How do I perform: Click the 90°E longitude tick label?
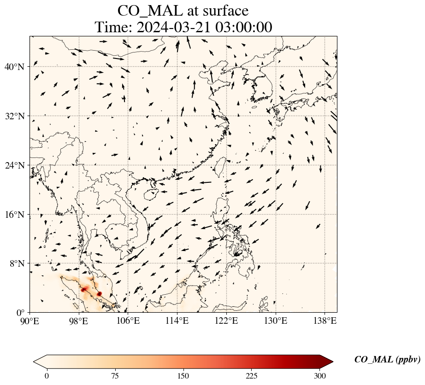point(30,321)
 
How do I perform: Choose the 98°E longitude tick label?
point(79,321)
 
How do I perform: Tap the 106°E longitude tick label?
point(128,321)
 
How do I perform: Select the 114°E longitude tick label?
point(177,321)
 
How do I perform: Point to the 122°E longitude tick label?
point(226,321)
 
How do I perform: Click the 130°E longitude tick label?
point(276,321)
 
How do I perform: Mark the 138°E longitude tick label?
point(325,321)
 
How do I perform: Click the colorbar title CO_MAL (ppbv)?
point(387,360)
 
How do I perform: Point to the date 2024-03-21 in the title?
point(173,27)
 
